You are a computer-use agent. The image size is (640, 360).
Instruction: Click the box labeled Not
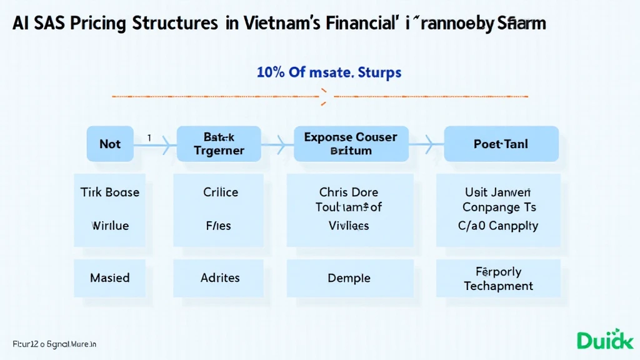110,144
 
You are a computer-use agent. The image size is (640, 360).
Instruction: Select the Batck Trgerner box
218,144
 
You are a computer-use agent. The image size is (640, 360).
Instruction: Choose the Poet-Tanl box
501,144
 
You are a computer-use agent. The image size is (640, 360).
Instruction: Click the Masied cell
110,278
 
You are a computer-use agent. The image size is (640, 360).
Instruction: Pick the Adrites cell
220,278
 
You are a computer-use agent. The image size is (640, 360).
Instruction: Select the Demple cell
349,278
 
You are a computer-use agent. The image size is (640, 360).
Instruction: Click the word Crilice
221,192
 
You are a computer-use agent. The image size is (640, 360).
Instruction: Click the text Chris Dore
349,192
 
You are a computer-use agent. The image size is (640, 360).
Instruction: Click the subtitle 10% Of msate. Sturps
329,72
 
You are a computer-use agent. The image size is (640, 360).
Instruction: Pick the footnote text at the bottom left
54,344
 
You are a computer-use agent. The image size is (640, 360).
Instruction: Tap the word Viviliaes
349,225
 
